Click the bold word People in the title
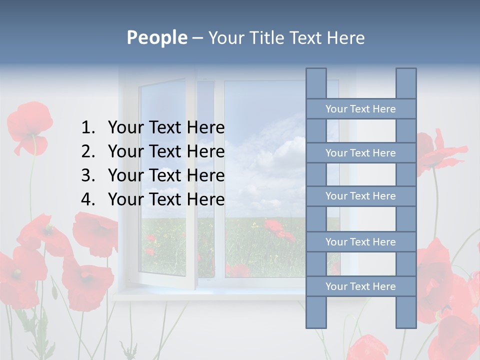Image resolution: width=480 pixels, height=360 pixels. (156, 37)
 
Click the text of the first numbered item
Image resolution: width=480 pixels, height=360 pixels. (166, 128)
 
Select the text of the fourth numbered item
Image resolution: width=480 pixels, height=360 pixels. (166, 199)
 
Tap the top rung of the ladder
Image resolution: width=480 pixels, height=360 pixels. (360, 109)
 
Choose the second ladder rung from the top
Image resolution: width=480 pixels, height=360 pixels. (360, 153)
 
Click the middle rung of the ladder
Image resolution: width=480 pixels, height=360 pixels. (360, 196)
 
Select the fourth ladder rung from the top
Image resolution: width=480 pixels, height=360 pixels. (360, 242)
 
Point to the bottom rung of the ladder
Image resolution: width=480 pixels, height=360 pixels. (360, 286)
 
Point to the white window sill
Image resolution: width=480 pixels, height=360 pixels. (200, 295)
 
